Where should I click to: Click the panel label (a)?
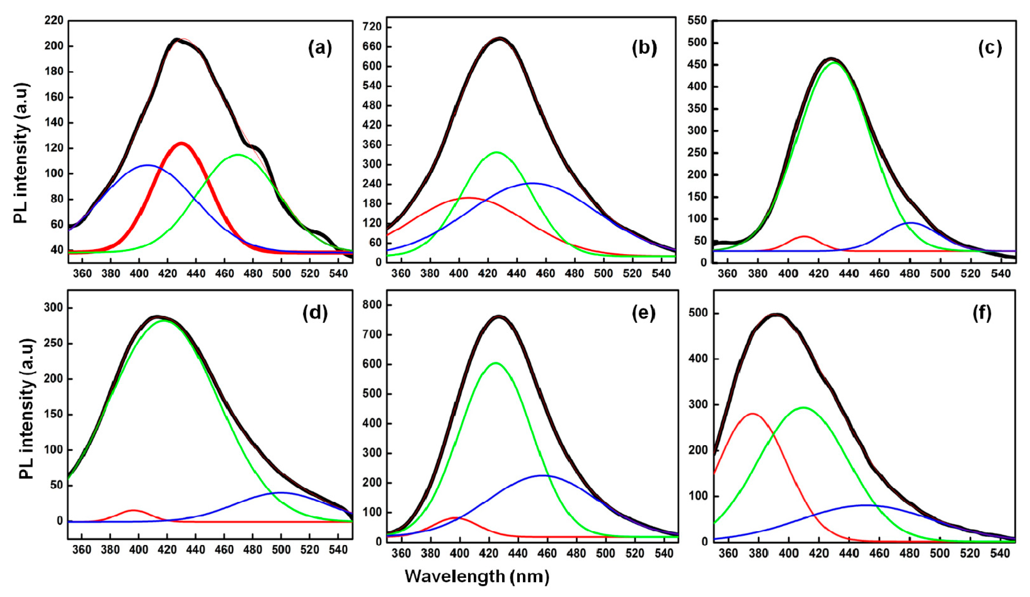(x=320, y=49)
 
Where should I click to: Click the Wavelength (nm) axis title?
(x=477, y=577)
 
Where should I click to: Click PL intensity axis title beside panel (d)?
(x=26, y=409)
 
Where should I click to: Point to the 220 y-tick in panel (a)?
(x=54, y=20)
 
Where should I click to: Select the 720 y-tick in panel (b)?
(x=372, y=27)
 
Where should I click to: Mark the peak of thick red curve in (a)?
(x=181, y=143)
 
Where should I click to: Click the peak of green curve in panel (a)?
(x=238, y=155)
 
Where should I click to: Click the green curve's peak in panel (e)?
(x=496, y=363)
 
